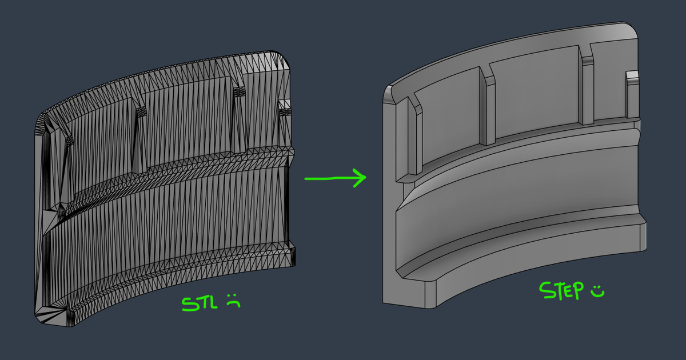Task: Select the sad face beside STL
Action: pos(233,301)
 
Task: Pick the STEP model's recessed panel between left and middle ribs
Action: pos(449,111)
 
